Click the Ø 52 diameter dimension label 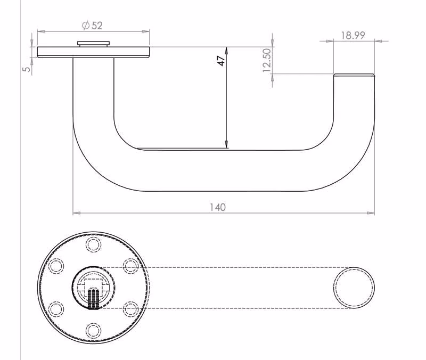click(x=92, y=26)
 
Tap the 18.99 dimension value click(x=353, y=35)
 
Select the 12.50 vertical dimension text click(x=267, y=60)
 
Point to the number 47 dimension click(x=221, y=61)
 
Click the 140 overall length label click(x=218, y=207)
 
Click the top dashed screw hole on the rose click(x=94, y=244)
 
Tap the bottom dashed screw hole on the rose click(x=94, y=330)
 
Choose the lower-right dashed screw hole click(x=130, y=309)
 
